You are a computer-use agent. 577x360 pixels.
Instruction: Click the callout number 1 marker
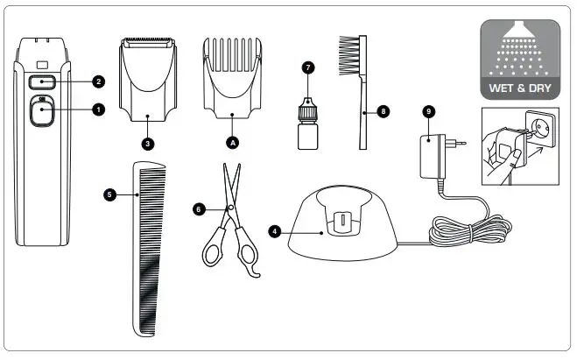97,109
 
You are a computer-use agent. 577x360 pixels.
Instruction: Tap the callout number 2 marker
97,81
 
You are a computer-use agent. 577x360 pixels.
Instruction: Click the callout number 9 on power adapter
428,111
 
